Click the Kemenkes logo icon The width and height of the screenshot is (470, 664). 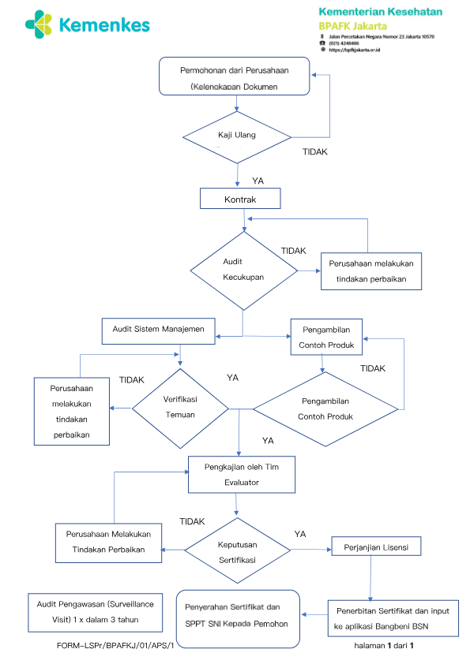coord(39,24)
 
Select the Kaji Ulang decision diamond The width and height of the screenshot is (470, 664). coord(237,137)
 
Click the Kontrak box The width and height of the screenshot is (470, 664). coord(240,199)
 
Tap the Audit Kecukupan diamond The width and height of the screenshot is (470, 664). coord(244,271)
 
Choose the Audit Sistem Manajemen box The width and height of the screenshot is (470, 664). coord(158,331)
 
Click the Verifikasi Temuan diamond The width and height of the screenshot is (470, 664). coord(180,408)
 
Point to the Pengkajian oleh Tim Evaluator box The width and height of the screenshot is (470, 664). coord(242,474)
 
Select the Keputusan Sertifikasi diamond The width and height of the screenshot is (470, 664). coord(238,550)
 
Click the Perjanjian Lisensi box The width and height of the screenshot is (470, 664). coord(376,546)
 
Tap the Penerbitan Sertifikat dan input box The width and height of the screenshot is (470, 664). coord(393,618)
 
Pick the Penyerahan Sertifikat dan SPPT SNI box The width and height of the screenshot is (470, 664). coord(238,619)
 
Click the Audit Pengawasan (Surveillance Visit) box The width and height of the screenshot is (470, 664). coord(96,613)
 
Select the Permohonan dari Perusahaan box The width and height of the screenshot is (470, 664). coord(234,76)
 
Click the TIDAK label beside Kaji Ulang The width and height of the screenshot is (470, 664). coord(314,151)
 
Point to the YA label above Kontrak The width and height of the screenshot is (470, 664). coord(258,181)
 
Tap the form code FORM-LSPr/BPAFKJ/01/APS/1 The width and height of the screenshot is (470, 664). coord(115,645)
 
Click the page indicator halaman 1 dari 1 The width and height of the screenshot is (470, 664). coord(384,645)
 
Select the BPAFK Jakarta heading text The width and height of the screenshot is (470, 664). coord(352,26)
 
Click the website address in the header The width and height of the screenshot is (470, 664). coord(354,50)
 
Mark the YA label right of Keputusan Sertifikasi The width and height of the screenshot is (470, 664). coord(300,534)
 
